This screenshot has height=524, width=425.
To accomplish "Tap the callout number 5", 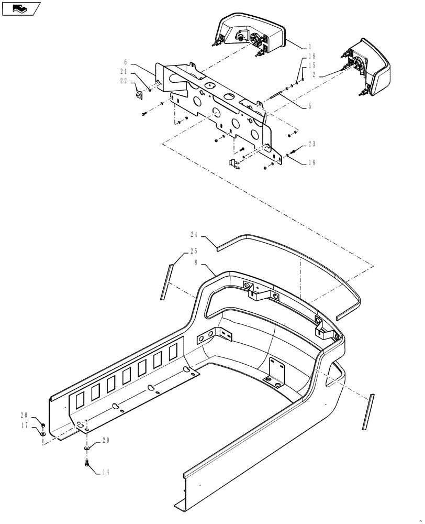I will coord(310,106).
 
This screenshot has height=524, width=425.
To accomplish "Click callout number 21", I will coord(123,71).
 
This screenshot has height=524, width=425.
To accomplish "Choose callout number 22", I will coord(123,80).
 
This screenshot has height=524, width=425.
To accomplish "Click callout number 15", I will coord(312,65).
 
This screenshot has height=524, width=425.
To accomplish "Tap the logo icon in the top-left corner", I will coord(20,8).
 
